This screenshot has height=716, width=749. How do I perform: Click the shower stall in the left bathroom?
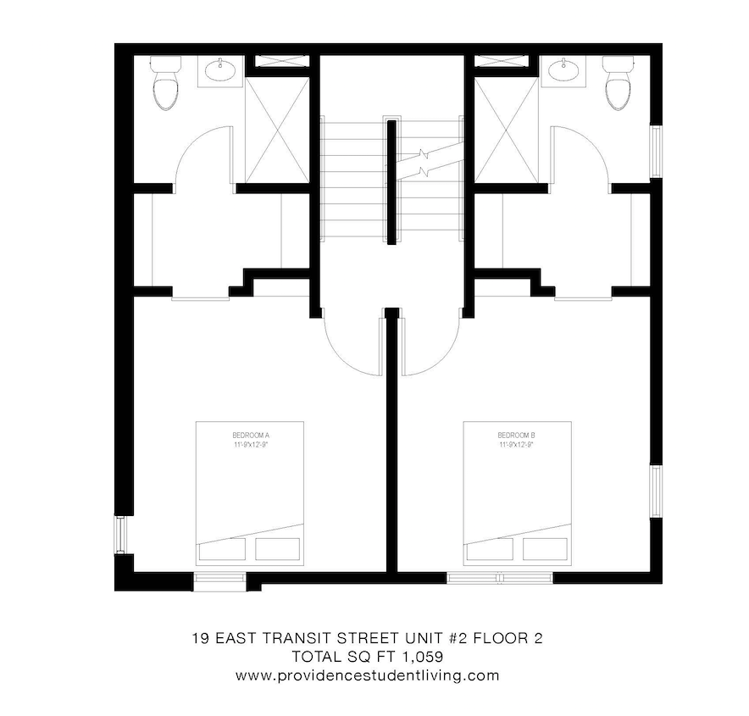click(x=277, y=128)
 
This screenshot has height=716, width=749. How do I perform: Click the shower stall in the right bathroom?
click(x=506, y=128)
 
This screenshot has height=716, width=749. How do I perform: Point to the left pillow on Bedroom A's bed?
click(x=222, y=549)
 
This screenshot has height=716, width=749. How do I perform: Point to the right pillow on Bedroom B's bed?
click(x=546, y=549)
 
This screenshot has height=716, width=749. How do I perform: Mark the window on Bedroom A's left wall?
click(x=120, y=535)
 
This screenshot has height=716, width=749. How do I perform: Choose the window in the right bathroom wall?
click(x=655, y=152)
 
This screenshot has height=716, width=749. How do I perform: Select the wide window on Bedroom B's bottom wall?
click(x=499, y=579)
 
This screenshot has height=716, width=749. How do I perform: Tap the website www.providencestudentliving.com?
click(x=367, y=676)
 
